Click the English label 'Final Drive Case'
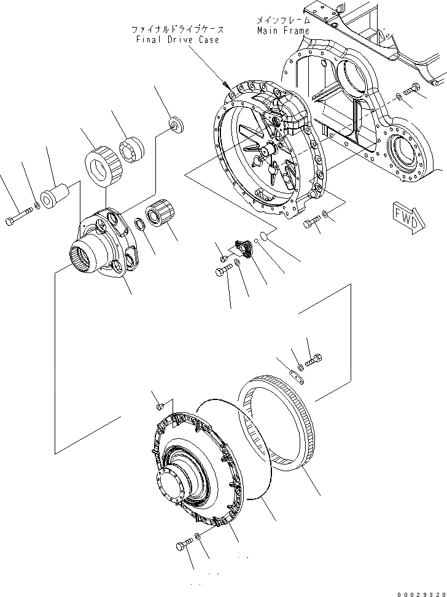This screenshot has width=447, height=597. point(177,39)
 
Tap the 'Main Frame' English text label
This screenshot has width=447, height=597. point(283,30)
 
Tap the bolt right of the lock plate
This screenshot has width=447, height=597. point(313,358)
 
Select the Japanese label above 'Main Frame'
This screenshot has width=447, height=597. point(284,20)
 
